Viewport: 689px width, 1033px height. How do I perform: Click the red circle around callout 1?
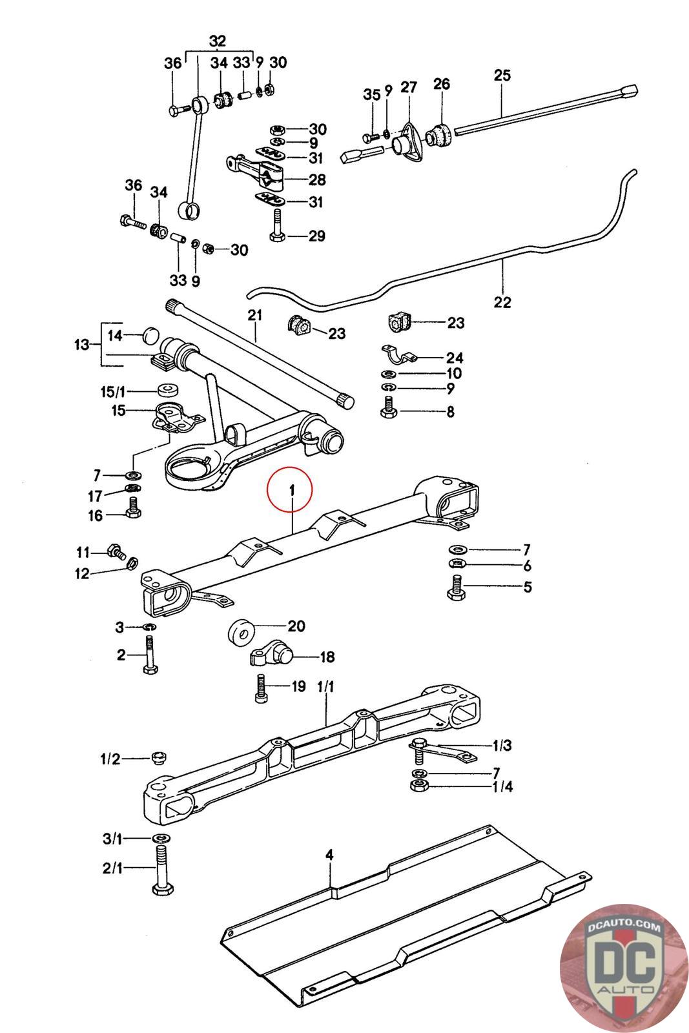[x=290, y=490]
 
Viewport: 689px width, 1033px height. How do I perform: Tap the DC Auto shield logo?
[x=624, y=968]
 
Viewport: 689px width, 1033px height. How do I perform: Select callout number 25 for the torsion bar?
[x=502, y=75]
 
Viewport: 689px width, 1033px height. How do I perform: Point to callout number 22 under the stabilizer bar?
[x=502, y=302]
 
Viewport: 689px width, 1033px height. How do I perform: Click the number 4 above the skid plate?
[x=329, y=855]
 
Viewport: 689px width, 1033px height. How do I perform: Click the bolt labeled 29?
[x=277, y=225]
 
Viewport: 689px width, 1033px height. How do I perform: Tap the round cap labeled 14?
[x=149, y=335]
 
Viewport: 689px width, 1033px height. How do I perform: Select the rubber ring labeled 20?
[x=242, y=633]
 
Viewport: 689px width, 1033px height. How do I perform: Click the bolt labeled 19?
[x=261, y=688]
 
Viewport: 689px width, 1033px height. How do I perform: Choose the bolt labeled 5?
[x=456, y=587]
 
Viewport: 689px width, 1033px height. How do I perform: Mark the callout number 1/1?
[x=325, y=687]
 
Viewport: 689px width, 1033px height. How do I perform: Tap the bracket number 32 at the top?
[x=218, y=41]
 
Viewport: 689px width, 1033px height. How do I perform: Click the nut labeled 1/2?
[x=159, y=757]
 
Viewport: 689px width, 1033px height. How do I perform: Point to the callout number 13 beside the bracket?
[x=81, y=345]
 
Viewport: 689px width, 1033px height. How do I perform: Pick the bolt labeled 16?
[x=133, y=509]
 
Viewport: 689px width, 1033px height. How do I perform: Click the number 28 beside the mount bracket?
[x=317, y=179]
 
